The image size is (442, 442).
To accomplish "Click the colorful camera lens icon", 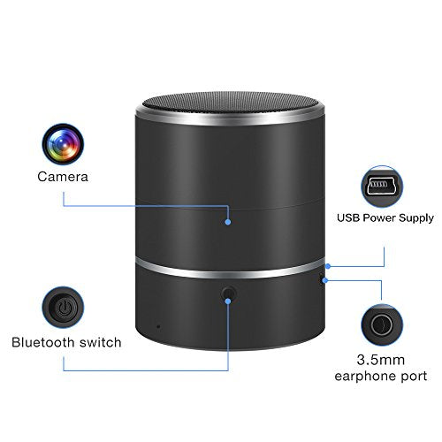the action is coord(63,144).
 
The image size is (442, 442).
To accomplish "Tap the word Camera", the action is coord(63,177).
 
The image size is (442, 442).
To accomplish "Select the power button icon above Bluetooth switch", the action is coord(63,308).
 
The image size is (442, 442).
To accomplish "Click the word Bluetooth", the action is coord(43,342).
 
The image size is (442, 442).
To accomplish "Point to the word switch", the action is coord(101,342).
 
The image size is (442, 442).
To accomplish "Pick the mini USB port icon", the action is coord(382,187).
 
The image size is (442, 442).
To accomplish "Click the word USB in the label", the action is coord(348,217).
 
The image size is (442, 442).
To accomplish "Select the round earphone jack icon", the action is coord(382,325).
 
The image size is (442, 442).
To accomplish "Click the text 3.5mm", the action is coord(381,360).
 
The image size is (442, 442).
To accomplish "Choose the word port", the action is coord(414,377).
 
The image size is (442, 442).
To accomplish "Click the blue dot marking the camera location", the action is coord(228,222).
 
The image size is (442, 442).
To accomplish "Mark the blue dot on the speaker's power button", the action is coord(228,301).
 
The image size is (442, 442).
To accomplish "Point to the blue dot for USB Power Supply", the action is coord(328,266).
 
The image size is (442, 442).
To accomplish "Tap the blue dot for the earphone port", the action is coord(325,280).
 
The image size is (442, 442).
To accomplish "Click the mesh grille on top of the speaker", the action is coord(230,102).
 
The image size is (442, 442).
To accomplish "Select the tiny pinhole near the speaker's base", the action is coord(158,326).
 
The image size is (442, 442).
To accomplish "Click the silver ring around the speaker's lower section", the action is coord(230,272).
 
